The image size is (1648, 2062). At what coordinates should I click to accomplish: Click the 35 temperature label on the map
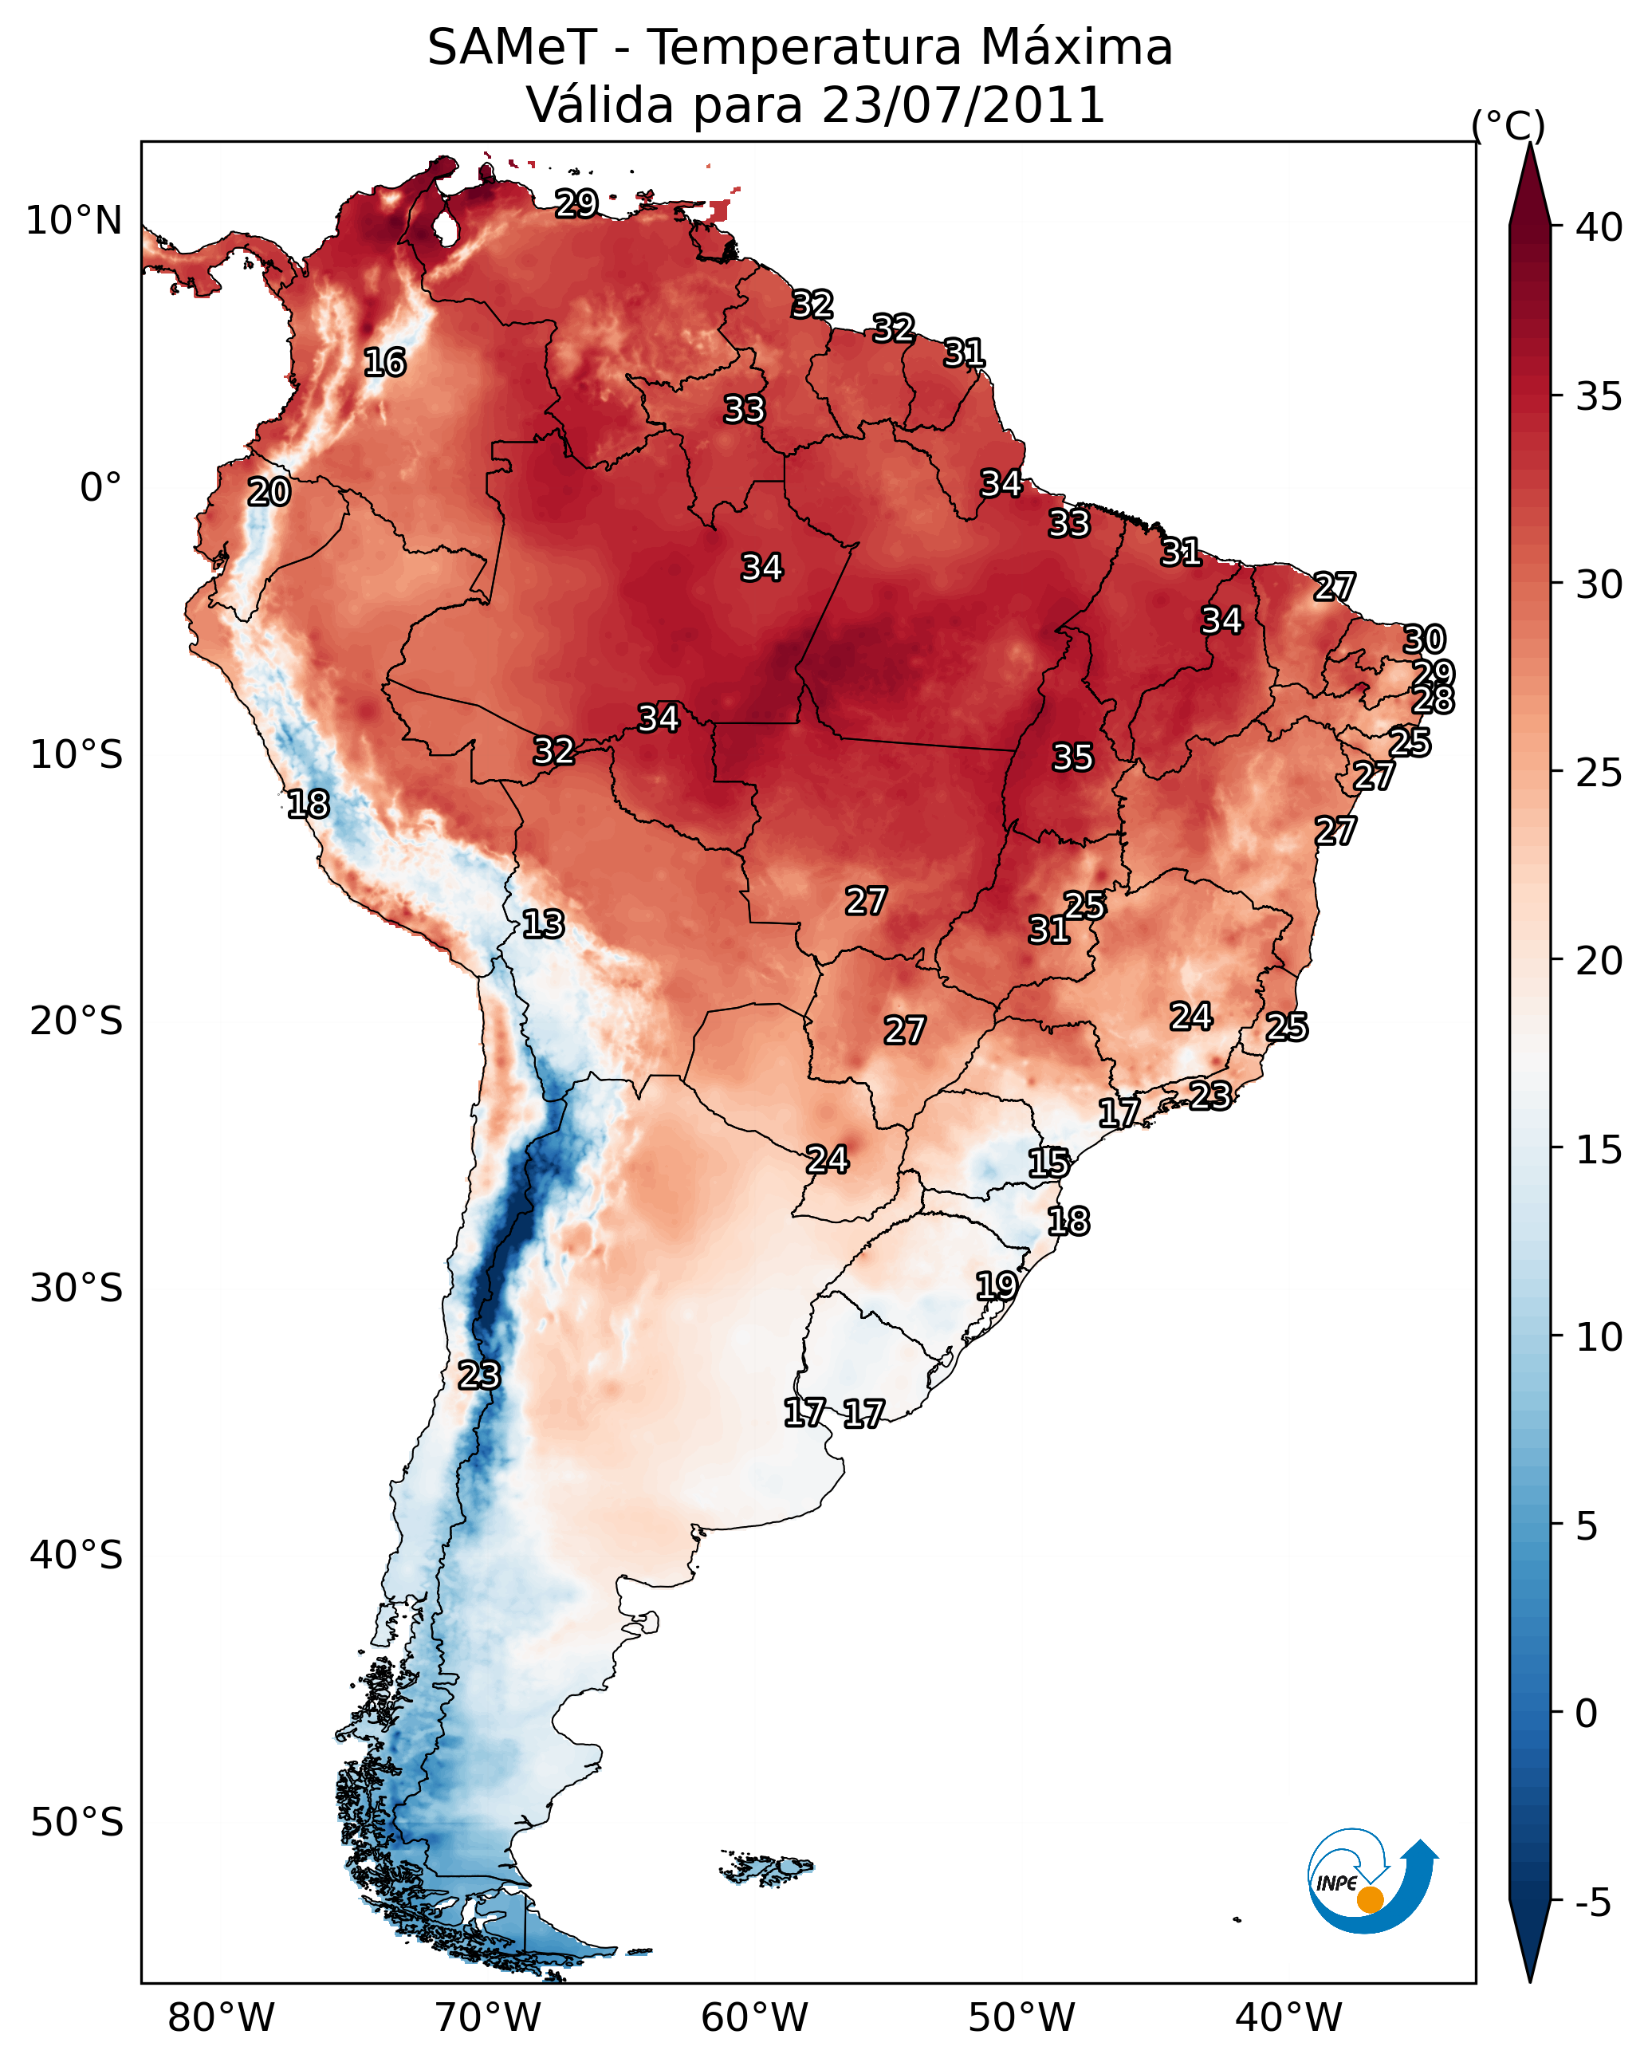point(1072,758)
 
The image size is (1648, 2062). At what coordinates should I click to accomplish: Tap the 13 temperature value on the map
point(543,924)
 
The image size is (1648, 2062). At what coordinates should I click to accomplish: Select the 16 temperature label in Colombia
point(384,363)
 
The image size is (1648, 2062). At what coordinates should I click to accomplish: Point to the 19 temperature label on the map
point(996,1285)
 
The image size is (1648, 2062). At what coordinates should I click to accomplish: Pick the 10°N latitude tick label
point(73,221)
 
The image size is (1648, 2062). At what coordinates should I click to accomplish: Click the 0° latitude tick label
point(100,488)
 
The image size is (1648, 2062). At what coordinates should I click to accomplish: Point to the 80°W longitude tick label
point(221,2017)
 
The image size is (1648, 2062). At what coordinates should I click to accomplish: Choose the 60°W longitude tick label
point(755,2017)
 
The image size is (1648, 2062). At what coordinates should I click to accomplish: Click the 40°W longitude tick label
point(1288,2017)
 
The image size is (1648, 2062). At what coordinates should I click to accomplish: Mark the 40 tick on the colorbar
point(1599,227)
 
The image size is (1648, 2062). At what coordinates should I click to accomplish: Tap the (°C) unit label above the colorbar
point(1508,126)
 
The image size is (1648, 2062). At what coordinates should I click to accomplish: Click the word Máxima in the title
point(1076,48)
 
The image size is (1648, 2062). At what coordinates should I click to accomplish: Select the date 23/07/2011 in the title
point(963,105)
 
